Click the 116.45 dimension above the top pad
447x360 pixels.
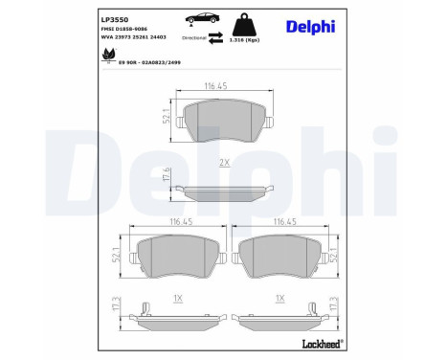pos(223,86)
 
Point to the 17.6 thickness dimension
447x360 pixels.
pos(167,175)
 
